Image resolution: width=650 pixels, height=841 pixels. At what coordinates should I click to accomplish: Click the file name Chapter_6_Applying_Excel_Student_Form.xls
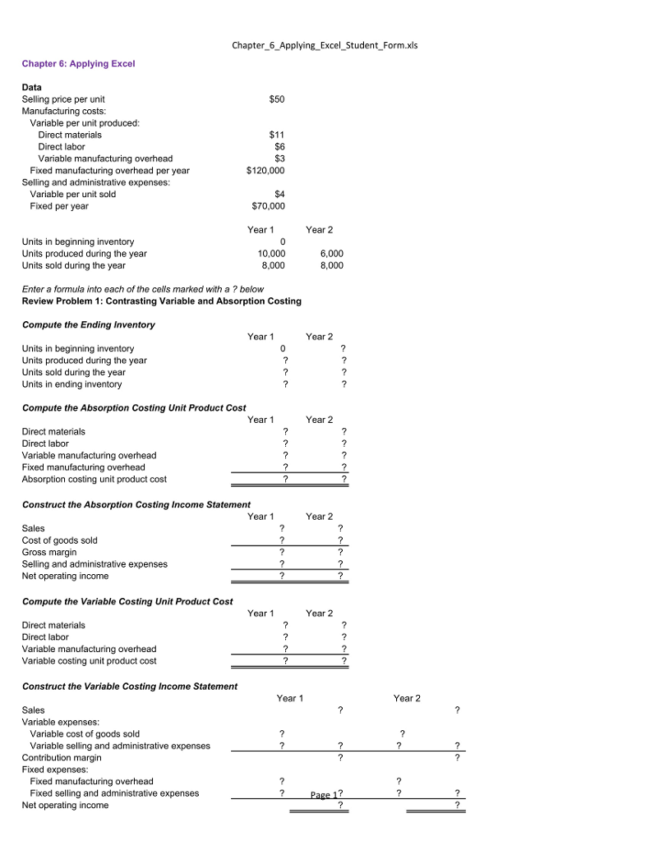click(x=325, y=45)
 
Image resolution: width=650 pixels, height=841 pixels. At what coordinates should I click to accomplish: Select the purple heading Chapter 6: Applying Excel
click(x=78, y=63)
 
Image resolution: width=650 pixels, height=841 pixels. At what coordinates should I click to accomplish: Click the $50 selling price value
click(x=276, y=99)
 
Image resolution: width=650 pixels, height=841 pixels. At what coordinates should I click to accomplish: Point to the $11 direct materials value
click(x=277, y=135)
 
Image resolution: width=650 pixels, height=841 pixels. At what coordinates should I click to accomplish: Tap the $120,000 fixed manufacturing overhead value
click(x=265, y=171)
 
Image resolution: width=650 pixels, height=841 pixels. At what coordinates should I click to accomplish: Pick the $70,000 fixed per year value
click(x=268, y=206)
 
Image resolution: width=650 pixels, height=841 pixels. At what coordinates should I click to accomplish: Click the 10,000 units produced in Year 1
click(x=271, y=254)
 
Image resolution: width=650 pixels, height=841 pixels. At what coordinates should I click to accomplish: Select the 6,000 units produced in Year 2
click(x=331, y=254)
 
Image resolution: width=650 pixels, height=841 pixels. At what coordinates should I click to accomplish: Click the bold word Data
click(x=31, y=87)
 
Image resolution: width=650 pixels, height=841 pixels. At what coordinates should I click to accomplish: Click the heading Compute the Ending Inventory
click(x=88, y=324)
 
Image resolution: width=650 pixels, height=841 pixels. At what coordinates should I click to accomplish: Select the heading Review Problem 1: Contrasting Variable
click(x=161, y=301)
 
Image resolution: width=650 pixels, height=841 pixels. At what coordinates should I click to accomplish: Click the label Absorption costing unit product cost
click(x=94, y=479)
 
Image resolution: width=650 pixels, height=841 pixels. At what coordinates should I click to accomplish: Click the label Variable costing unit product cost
click(x=89, y=661)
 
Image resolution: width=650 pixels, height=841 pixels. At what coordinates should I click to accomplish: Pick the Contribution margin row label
click(x=62, y=757)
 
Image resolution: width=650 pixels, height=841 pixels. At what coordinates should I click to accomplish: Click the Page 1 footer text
click(x=324, y=795)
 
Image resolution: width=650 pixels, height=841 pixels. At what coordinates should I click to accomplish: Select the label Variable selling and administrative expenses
click(x=120, y=746)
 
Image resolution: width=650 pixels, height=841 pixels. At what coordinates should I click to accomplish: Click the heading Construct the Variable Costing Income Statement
click(x=129, y=686)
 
